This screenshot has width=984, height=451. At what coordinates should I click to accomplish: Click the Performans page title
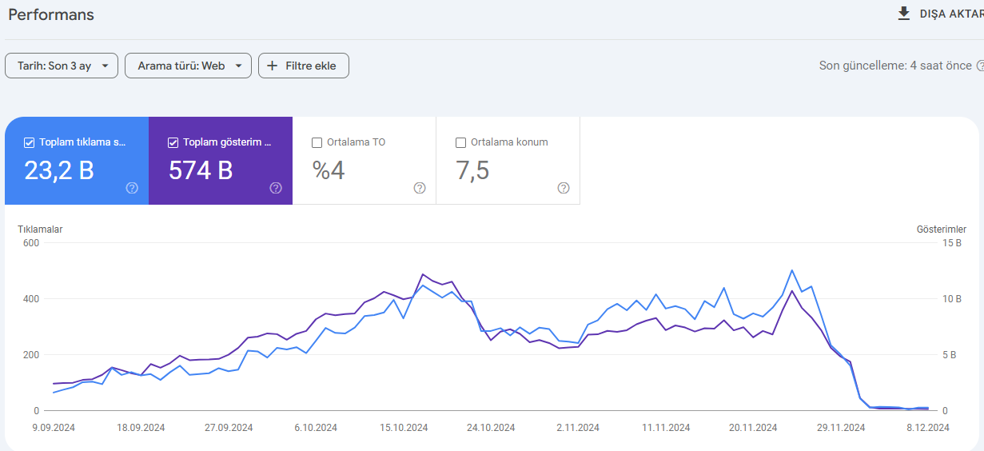(51, 14)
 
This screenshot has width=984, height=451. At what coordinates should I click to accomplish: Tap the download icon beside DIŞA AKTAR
(903, 14)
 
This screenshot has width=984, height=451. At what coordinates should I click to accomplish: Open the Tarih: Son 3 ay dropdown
(62, 66)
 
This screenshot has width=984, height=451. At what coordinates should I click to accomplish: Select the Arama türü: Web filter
(188, 66)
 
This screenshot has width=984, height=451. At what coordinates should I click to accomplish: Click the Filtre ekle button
(304, 66)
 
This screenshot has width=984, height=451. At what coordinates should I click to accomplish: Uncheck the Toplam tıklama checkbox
(29, 143)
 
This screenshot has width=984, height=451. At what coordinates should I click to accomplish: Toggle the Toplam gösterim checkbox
(173, 143)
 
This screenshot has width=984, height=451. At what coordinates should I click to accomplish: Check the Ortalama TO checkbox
(317, 143)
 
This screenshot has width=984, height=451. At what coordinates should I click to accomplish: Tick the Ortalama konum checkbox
(460, 143)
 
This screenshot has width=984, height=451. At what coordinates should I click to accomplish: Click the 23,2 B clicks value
(59, 170)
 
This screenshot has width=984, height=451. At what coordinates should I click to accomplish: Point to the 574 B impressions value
(201, 170)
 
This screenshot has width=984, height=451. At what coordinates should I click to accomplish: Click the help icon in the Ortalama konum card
(564, 188)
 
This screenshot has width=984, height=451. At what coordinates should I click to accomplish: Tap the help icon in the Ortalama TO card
(420, 188)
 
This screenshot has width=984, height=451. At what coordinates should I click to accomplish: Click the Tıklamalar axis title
(40, 229)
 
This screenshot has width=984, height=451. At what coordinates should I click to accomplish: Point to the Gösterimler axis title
(942, 229)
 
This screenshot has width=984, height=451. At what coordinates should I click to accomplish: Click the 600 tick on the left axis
(31, 243)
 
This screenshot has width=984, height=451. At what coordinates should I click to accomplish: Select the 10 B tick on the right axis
(952, 299)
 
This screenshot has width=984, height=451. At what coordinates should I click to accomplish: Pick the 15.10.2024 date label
(404, 428)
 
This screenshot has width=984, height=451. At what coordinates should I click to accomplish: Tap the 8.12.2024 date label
(928, 428)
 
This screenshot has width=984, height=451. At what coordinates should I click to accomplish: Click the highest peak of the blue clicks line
(792, 270)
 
